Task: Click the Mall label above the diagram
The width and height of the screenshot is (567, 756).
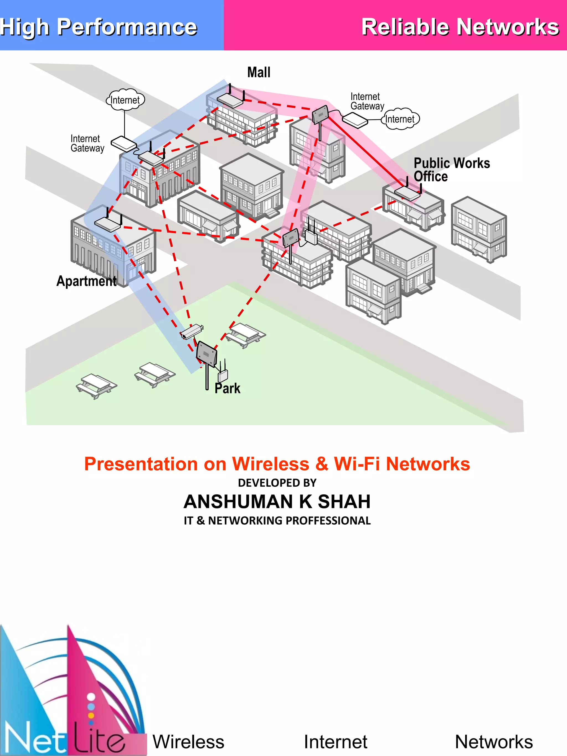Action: click(x=259, y=73)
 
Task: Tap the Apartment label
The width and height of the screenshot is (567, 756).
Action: click(x=86, y=281)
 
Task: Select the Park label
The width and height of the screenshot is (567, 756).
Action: click(x=227, y=389)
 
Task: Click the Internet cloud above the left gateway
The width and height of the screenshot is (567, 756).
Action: click(x=125, y=100)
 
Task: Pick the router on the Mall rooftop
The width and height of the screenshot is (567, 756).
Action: click(x=230, y=99)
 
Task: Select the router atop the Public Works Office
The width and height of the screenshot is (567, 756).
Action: click(x=407, y=193)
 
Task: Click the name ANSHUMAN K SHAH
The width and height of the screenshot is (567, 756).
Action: click(x=277, y=501)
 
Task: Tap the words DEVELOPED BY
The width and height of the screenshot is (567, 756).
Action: click(x=277, y=483)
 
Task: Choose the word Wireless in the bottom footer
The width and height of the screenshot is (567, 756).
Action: click(x=188, y=742)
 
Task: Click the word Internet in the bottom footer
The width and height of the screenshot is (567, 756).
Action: click(x=335, y=742)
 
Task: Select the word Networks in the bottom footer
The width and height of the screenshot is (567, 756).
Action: click(x=494, y=742)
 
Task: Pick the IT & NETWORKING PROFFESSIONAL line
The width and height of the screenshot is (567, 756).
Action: click(x=277, y=520)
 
